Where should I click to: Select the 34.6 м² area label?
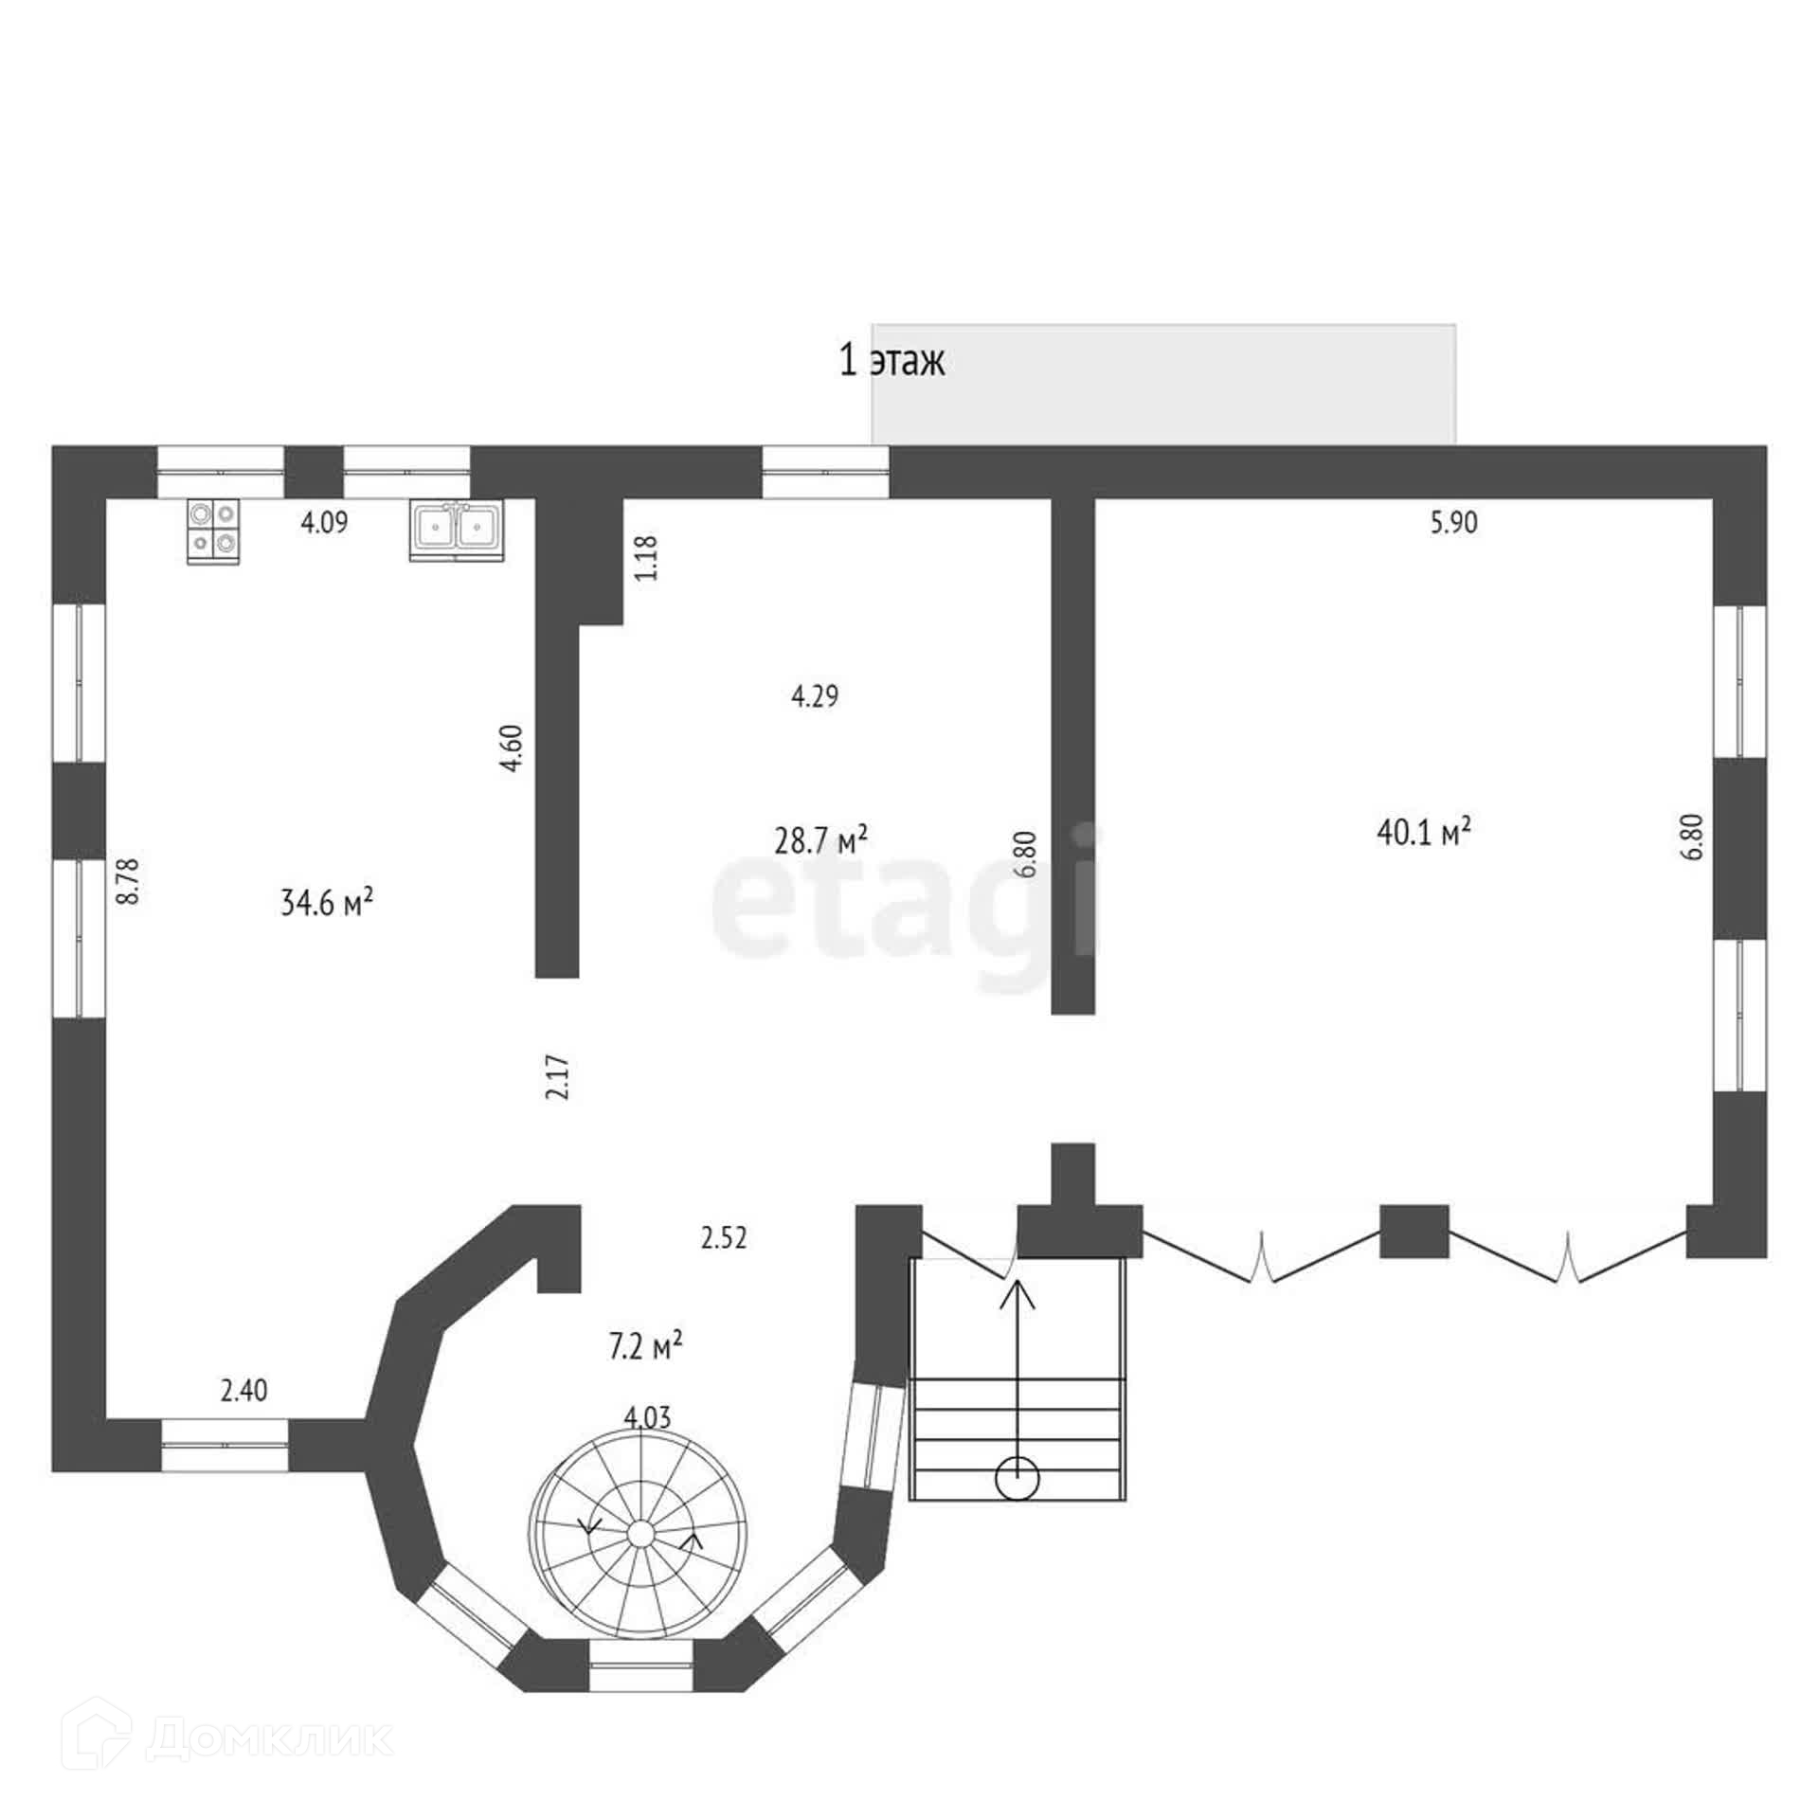click(326, 902)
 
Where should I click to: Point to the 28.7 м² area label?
click(820, 839)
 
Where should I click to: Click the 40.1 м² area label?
click(1423, 833)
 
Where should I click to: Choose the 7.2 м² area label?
click(645, 1346)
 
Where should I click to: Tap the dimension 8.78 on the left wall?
click(128, 881)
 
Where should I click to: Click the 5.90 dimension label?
click(1453, 522)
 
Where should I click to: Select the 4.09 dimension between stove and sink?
click(324, 522)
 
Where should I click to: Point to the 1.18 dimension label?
click(648, 558)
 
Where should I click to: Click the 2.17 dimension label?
click(559, 1077)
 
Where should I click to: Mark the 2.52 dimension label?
click(724, 1237)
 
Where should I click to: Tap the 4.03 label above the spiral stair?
click(648, 1417)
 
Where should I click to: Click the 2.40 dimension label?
click(243, 1391)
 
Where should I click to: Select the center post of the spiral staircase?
click(639, 1559)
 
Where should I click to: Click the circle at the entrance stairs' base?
click(1018, 1479)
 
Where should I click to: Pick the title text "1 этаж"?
click(891, 361)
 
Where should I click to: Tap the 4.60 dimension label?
click(512, 748)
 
